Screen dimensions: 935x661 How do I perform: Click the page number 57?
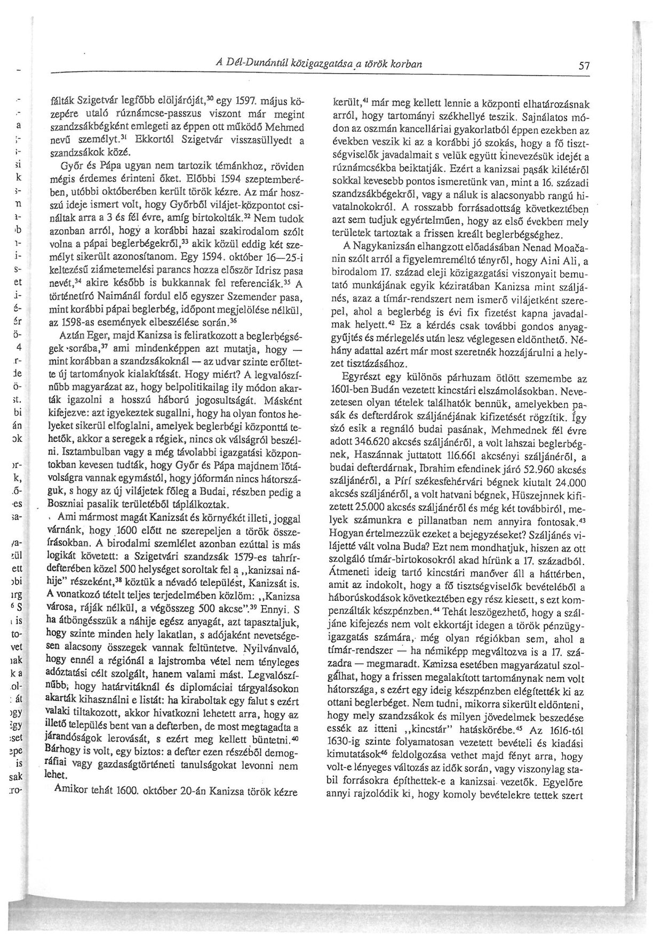coord(584,67)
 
